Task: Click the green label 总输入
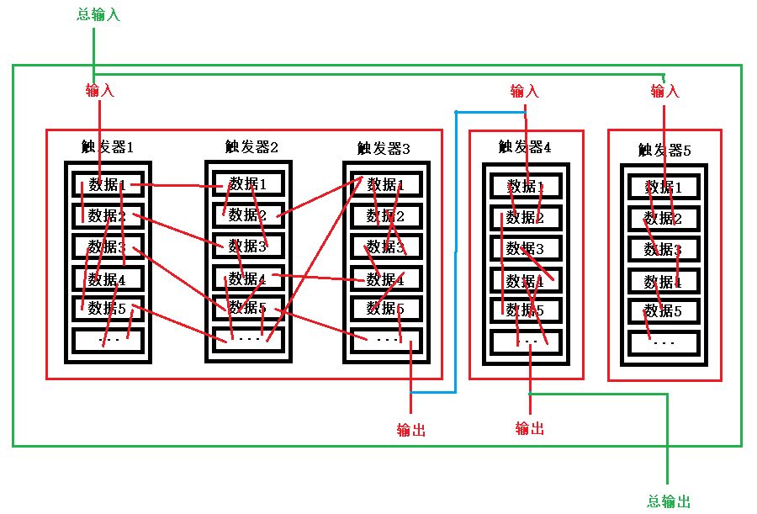pos(98,15)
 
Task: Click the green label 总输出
pos(670,501)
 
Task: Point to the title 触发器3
pos(384,149)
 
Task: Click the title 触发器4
pos(525,148)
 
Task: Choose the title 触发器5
pos(664,151)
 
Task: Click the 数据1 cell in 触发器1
pos(108,185)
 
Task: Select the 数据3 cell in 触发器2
pos(247,246)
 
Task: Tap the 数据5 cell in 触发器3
pos(386,309)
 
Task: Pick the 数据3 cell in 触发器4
pos(525,249)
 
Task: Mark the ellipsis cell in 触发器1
pos(108,340)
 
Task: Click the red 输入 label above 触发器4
pos(524,90)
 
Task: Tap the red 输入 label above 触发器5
pos(664,90)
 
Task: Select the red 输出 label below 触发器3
pos(411,430)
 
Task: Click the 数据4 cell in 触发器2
pos(247,278)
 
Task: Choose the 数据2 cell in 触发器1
pos(108,216)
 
